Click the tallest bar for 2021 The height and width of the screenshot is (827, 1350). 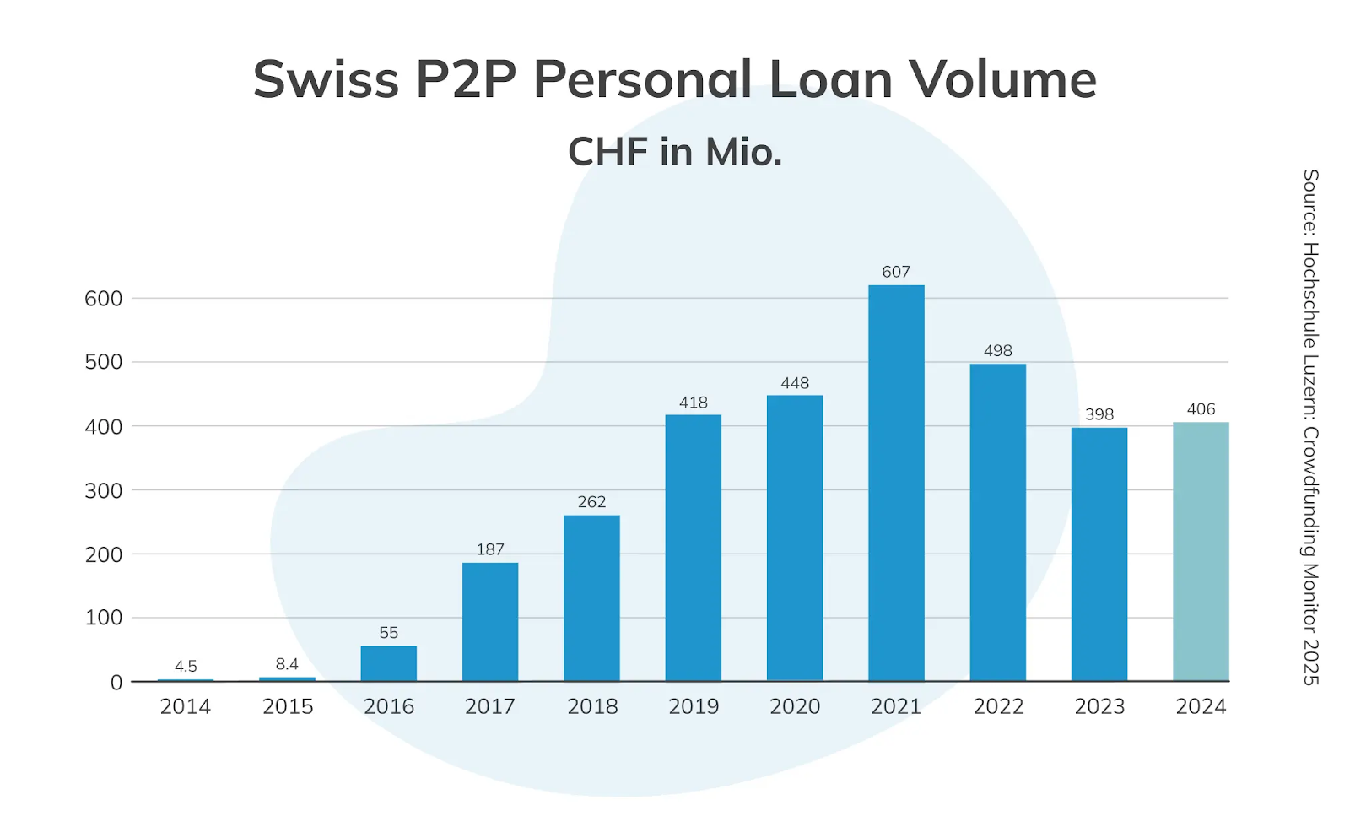click(x=896, y=483)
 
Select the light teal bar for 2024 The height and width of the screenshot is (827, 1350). click(x=1201, y=552)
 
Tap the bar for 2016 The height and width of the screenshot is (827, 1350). click(x=388, y=663)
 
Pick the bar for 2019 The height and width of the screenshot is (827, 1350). click(x=693, y=548)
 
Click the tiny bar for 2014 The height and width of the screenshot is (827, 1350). click(x=186, y=679)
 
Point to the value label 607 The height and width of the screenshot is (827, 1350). click(x=896, y=272)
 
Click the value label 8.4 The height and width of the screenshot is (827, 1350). click(x=287, y=664)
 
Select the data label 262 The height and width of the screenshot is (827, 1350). click(x=591, y=502)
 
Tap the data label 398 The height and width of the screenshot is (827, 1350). click(x=1099, y=414)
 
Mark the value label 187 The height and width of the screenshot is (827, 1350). click(x=490, y=549)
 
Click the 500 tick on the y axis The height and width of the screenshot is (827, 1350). click(x=103, y=362)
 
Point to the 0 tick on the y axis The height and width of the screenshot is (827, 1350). click(x=116, y=683)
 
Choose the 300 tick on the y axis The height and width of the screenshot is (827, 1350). click(x=103, y=490)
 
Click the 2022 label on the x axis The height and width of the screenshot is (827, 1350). click(x=998, y=706)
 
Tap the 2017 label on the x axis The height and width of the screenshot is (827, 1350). click(x=490, y=706)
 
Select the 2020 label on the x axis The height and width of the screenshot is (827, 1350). click(x=795, y=706)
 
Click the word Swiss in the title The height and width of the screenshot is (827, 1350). click(x=326, y=80)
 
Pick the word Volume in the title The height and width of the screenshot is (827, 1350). click(x=1002, y=80)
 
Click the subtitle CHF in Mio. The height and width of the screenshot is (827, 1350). click(x=675, y=153)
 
